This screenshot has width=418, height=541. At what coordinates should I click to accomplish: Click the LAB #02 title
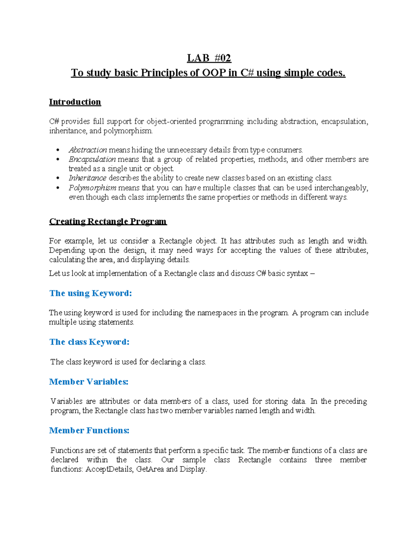pos(209,58)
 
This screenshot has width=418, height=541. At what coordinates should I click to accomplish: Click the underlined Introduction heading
pos(75,102)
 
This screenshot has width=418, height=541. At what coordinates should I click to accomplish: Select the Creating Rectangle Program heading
pos(108,222)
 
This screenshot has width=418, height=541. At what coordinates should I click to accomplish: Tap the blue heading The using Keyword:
pos(91,293)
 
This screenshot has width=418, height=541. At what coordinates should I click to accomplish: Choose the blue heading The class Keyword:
pos(89,342)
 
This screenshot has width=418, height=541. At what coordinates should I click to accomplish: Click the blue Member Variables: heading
pos(89,382)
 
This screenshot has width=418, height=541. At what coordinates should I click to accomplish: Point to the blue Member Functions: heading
pos(89,431)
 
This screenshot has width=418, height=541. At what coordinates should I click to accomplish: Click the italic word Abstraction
pos(88,150)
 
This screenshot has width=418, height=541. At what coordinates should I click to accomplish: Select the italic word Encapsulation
pos(92,160)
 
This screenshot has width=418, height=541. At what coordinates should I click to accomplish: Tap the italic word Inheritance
pos(87,178)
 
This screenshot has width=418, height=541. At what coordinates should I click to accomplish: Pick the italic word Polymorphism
pos(92,188)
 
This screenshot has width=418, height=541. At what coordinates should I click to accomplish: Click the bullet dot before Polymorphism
pos(58,188)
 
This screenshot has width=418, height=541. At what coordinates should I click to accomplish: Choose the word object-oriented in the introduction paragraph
pos(172,122)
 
